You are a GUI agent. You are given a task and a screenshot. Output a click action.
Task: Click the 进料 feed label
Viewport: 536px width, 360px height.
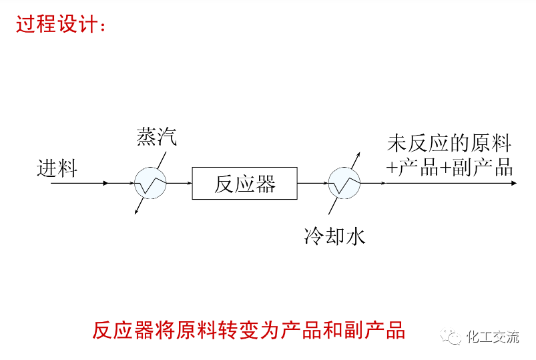pyautogui.click(x=57, y=168)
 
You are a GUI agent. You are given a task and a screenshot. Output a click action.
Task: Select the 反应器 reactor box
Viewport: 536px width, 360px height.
pyautogui.click(x=244, y=182)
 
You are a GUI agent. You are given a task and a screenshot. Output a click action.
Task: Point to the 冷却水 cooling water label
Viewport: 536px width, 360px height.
pyautogui.click(x=334, y=236)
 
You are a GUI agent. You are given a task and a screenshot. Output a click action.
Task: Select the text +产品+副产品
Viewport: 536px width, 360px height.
pyautogui.click(x=449, y=168)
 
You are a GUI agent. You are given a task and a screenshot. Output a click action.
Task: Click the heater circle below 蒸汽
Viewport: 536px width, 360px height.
pyautogui.click(x=150, y=182)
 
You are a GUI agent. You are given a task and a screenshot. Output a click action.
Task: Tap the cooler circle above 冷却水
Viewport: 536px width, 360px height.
pyautogui.click(x=344, y=182)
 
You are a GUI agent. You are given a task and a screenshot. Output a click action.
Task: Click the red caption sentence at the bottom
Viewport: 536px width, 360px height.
pyautogui.click(x=248, y=329)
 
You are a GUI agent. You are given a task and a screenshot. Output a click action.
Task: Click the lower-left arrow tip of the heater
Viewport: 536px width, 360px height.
pyautogui.click(x=136, y=214)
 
